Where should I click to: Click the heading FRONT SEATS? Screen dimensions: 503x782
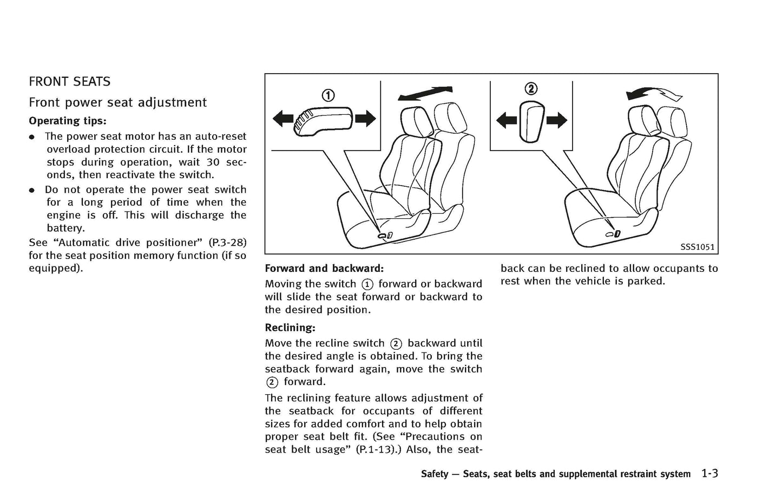coord(69,82)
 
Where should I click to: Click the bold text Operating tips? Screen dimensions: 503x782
coord(67,121)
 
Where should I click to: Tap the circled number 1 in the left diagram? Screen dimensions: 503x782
coord(328,96)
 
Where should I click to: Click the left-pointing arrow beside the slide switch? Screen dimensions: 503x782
coord(282,118)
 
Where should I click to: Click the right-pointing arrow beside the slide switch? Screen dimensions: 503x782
coord(365,118)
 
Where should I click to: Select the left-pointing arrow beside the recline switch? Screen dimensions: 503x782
coord(507,120)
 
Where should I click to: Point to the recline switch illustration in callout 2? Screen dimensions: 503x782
coord(531,121)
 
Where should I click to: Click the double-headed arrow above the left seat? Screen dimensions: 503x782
coord(425,93)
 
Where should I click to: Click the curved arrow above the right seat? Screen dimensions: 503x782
coord(654,94)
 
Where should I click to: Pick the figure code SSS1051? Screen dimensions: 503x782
coord(697,247)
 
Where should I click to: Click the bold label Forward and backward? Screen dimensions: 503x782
coord(324,269)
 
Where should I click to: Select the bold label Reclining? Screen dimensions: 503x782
coord(290,328)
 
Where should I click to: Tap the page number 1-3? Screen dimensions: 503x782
coord(709,474)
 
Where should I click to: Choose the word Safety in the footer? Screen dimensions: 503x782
coord(435,474)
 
